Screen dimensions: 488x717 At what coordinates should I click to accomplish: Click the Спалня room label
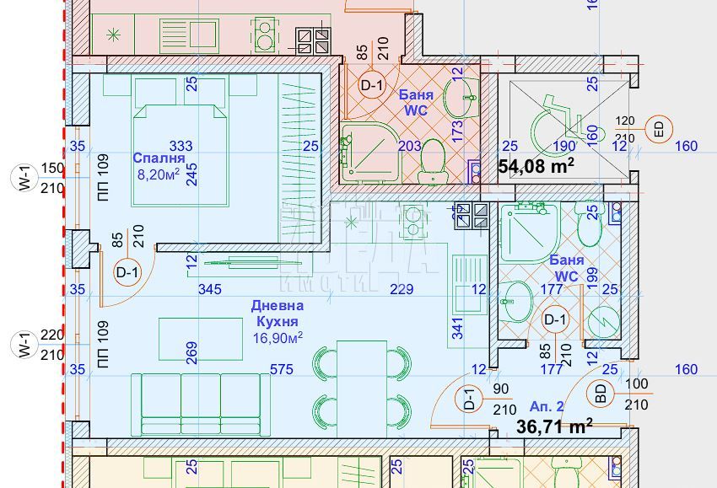coord(159,158)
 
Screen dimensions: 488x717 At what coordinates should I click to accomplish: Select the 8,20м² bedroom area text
coord(159,174)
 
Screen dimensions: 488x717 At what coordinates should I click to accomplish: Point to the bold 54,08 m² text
coord(536,165)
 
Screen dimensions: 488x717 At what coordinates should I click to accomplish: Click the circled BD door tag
coord(601,393)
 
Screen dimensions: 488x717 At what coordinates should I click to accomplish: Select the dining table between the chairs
coord(362,388)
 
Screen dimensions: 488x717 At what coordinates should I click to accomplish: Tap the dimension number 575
coord(281,369)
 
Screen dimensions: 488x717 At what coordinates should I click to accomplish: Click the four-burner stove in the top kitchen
coord(312,38)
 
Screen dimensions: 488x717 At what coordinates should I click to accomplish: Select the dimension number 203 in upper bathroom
coord(409,147)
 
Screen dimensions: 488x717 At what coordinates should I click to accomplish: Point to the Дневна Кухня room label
coord(278,314)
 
